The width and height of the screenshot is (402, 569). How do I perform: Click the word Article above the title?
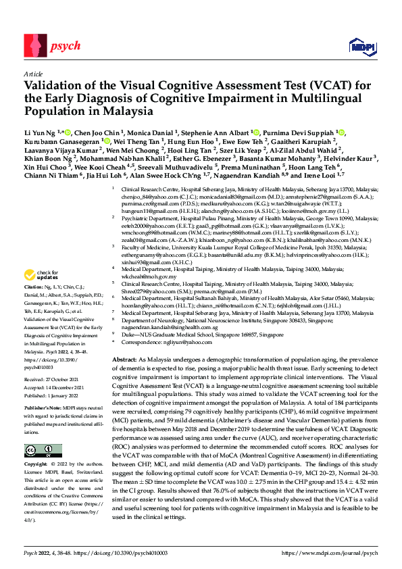[32, 74]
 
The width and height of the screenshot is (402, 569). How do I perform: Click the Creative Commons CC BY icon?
[36, 451]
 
